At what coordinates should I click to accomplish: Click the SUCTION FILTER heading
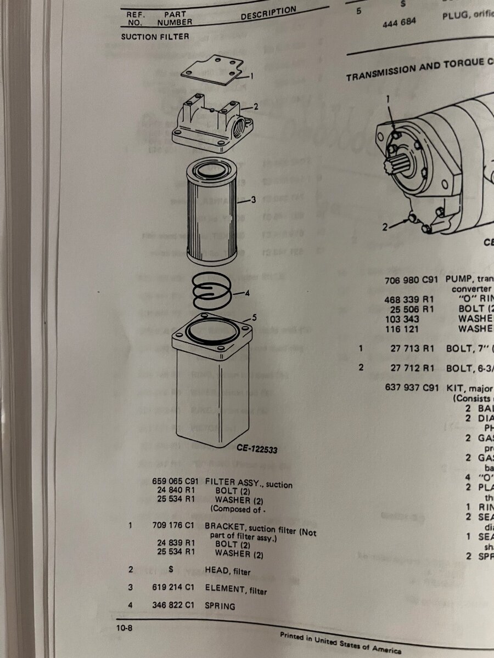click(155, 37)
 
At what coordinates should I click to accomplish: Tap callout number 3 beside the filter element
click(253, 200)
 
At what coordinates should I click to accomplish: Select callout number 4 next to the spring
click(247, 293)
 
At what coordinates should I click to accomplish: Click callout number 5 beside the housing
click(254, 317)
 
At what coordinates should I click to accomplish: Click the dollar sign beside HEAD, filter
click(171, 570)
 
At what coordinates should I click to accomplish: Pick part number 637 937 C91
click(412, 388)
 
